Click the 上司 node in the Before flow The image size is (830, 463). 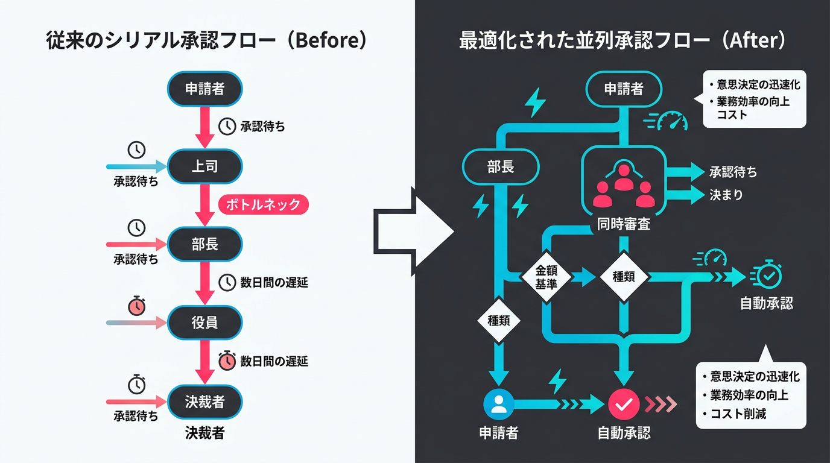pyautogui.click(x=204, y=166)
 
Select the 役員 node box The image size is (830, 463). pyautogui.click(x=204, y=323)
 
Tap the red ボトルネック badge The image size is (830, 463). pyautogui.click(x=263, y=204)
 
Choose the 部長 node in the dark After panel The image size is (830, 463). pyautogui.click(x=500, y=167)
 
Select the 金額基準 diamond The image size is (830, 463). pyautogui.click(x=546, y=278)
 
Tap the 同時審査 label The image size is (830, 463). pyautogui.click(x=623, y=225)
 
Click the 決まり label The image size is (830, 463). pyautogui.click(x=726, y=195)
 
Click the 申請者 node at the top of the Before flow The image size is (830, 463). pyautogui.click(x=204, y=89)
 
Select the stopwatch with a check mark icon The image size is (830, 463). pyautogui.click(x=768, y=276)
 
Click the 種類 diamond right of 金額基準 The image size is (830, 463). pyautogui.click(x=623, y=277)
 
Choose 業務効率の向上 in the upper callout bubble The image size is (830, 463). pyautogui.click(x=752, y=101)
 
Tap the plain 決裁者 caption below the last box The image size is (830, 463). pyautogui.click(x=204, y=433)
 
